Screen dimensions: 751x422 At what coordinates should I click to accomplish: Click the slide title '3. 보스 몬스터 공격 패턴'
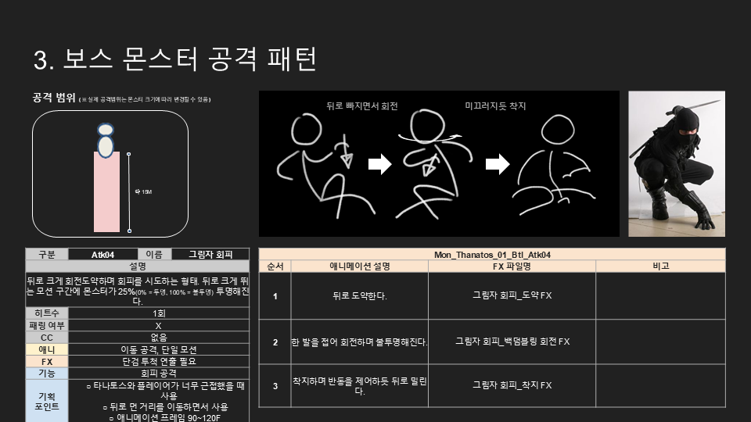point(175,59)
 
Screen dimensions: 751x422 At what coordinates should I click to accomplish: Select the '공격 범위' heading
point(53,98)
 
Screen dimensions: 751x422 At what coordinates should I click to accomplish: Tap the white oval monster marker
point(106,145)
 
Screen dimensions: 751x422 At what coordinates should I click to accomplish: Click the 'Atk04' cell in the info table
point(102,254)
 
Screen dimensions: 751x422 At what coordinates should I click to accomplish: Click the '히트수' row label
point(47,313)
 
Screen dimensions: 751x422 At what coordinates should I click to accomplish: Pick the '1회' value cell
point(159,313)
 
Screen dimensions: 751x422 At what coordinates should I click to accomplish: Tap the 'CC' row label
point(47,337)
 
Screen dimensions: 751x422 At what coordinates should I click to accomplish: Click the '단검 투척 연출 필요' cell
point(159,361)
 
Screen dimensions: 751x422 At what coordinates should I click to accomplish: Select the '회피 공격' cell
point(159,374)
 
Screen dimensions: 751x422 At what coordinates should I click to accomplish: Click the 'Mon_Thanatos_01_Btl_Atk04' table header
point(492,255)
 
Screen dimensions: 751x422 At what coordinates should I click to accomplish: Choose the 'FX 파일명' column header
point(512,266)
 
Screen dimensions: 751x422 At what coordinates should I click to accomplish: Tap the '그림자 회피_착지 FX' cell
point(512,385)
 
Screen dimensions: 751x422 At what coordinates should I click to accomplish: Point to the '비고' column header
point(660,266)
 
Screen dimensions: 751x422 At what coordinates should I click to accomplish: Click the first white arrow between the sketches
point(380,164)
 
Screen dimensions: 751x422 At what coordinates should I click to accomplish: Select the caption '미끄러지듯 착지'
point(495,105)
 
